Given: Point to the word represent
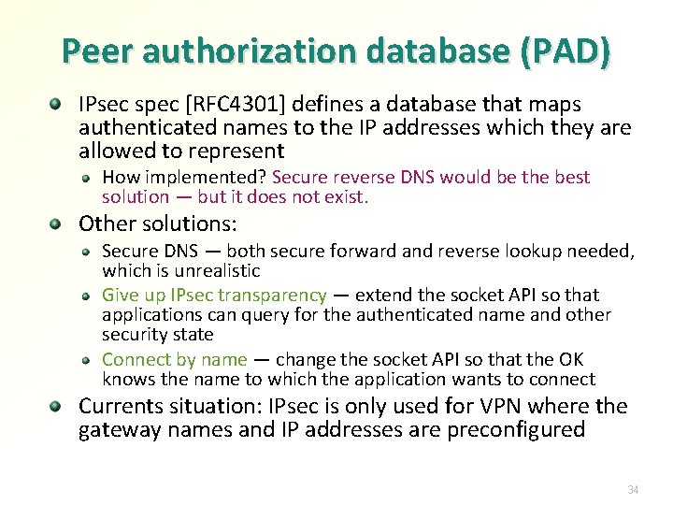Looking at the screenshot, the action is click(239, 150).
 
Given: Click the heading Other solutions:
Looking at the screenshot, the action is click(158, 224).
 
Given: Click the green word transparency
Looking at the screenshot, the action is click(272, 296).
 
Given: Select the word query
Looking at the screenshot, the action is click(265, 315).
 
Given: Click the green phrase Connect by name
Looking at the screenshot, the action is click(174, 359).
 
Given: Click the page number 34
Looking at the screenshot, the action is click(634, 489).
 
